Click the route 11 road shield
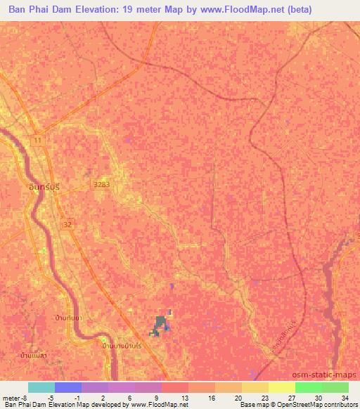coord(37,141)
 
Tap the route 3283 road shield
coord(99,183)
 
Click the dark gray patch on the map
coord(161,324)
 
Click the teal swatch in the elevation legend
coord(41,387)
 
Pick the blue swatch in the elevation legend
coord(68,387)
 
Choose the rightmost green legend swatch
coord(335,387)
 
